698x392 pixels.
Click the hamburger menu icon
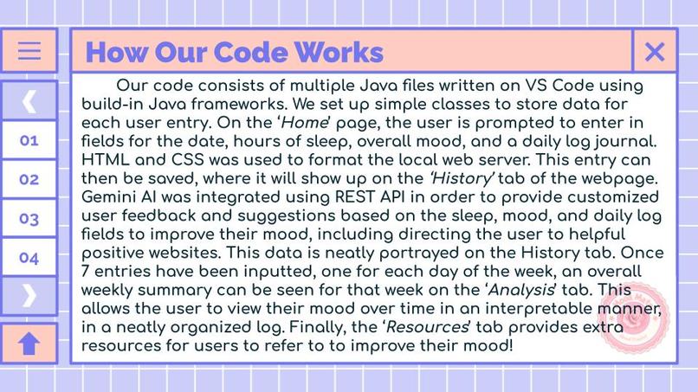click(x=29, y=50)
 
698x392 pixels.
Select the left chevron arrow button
click(x=29, y=100)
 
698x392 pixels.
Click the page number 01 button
click(x=29, y=140)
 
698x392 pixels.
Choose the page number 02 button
click(x=29, y=179)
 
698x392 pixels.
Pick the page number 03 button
click(x=29, y=219)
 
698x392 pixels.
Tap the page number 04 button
click(x=29, y=258)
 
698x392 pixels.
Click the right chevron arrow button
click(x=29, y=296)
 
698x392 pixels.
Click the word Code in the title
click(x=244, y=52)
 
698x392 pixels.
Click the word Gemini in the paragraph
click(x=108, y=197)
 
